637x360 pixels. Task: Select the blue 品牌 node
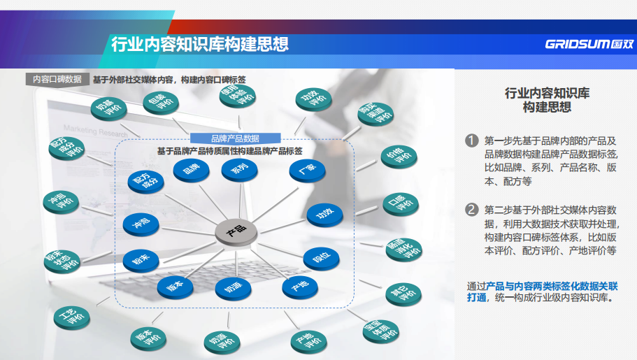(x=192, y=168)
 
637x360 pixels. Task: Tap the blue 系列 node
(x=240, y=168)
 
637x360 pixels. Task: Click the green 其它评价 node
(x=400, y=293)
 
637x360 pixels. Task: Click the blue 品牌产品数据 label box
(x=235, y=138)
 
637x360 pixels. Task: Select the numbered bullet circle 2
(x=473, y=209)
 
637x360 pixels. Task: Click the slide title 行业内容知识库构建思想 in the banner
(x=200, y=45)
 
